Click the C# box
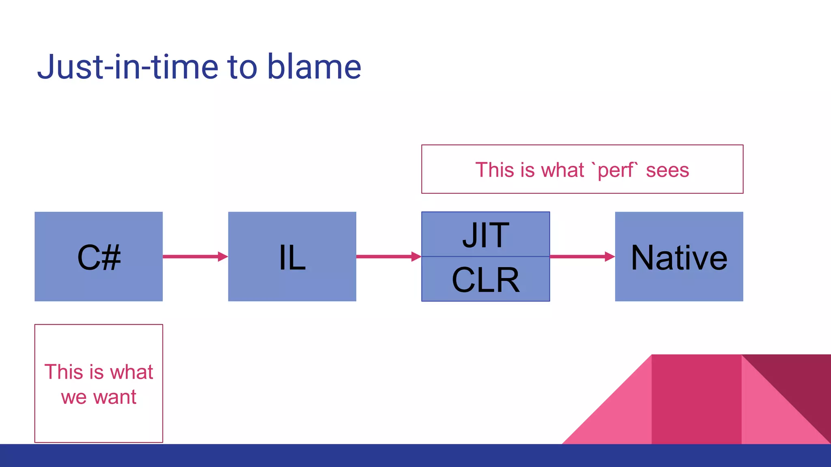click(x=99, y=257)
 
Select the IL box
click(x=292, y=257)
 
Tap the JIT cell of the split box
click(x=485, y=235)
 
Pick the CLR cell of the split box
click(x=485, y=279)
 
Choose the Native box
click(x=679, y=257)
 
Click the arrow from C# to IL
click(x=191, y=257)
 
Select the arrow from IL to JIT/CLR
click(x=385, y=257)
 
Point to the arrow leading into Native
click(x=578, y=257)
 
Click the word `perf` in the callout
click(x=616, y=170)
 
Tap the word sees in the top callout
click(x=667, y=170)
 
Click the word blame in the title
click(x=314, y=66)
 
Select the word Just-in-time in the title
click(x=128, y=66)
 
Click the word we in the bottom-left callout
click(x=73, y=397)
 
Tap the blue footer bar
click(x=415, y=456)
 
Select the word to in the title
click(x=242, y=66)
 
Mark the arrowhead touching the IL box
click(x=223, y=257)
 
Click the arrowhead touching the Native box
click(x=609, y=257)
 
